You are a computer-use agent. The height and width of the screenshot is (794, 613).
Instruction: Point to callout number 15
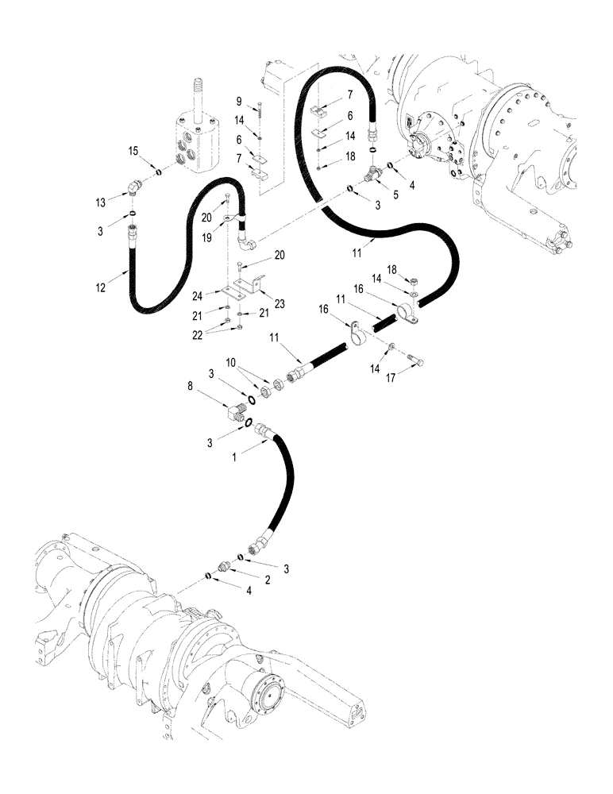tap(133, 150)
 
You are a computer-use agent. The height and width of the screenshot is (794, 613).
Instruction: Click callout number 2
tap(268, 580)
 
